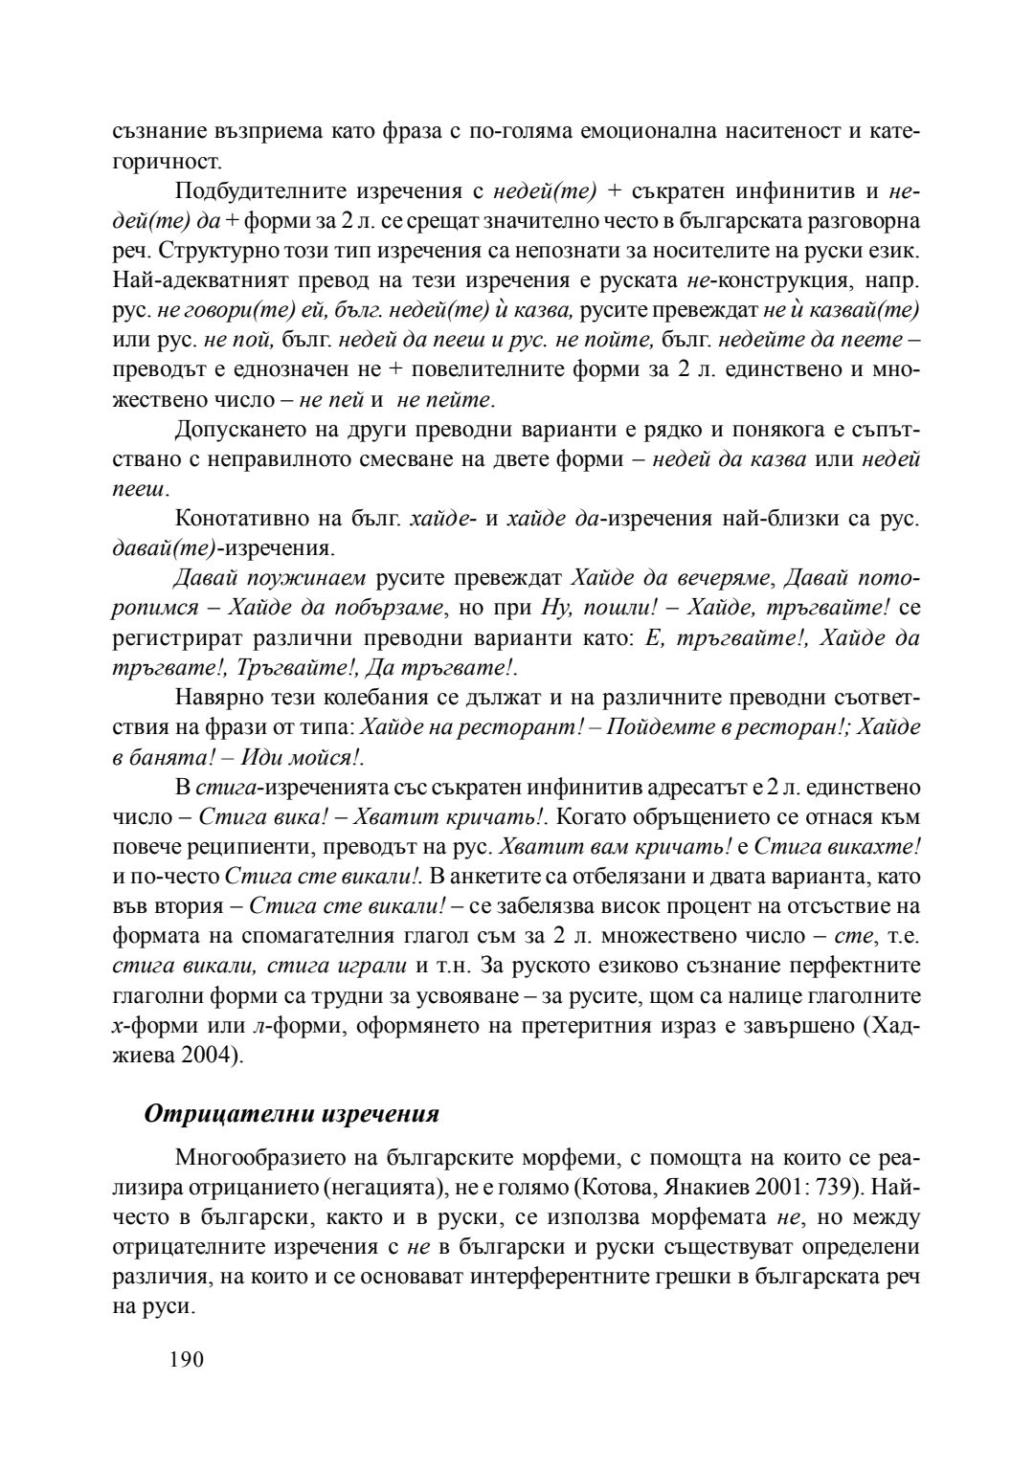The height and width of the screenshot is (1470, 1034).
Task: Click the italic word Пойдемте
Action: coord(651,728)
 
